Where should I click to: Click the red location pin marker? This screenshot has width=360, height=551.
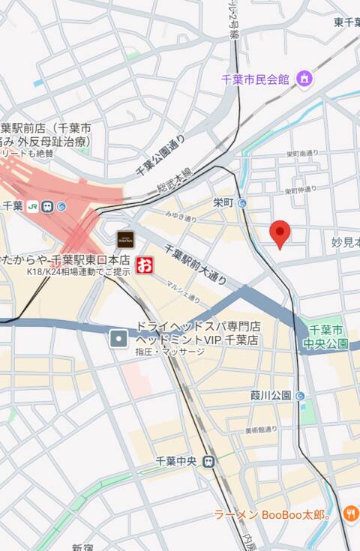click(280, 233)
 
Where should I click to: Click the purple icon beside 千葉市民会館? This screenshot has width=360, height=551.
click(304, 78)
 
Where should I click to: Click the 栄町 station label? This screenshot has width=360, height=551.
click(223, 202)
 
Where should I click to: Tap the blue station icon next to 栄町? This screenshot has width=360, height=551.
click(242, 203)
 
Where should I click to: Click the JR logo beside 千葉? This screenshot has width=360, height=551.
click(32, 205)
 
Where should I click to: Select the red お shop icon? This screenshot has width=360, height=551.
click(143, 265)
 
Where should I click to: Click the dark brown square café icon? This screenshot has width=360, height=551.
click(124, 239)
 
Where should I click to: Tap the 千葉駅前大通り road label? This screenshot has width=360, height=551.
click(195, 265)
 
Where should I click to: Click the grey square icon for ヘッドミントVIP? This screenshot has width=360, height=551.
click(118, 340)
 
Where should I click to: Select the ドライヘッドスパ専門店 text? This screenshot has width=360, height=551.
click(197, 327)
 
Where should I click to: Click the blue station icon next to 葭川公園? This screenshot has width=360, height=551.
click(300, 395)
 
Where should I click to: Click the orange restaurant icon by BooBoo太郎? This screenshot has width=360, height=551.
click(350, 514)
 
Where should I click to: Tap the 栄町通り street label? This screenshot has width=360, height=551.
click(301, 153)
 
